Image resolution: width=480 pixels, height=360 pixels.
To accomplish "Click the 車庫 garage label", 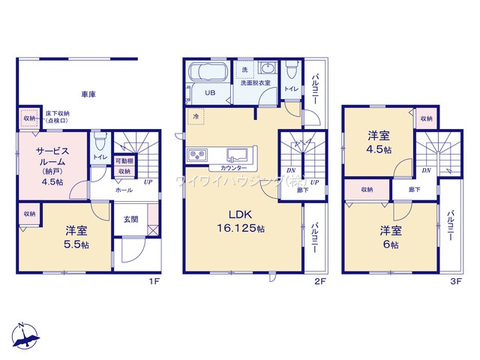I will pos(88,94).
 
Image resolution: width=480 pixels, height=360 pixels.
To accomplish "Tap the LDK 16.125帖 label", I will pos(240,220).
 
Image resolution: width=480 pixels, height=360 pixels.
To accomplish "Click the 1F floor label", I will pos(154,282).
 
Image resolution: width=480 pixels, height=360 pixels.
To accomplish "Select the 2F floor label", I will pos(319,282).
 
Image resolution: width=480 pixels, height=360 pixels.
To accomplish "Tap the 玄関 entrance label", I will pos(130,220).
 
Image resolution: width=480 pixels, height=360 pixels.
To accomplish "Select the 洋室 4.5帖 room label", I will pos(378,142).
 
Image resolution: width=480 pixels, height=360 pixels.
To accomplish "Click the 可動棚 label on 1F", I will pos(124,161).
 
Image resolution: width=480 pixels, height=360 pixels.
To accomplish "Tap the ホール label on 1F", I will pos(124,190).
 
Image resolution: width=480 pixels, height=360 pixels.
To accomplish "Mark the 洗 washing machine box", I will pos(244,70).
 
